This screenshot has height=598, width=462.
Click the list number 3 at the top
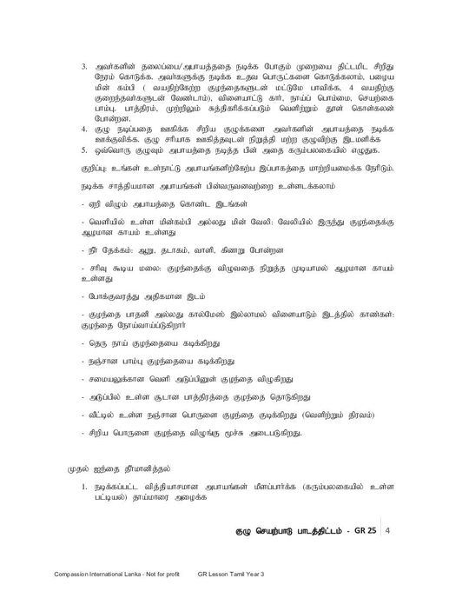(x=84, y=66)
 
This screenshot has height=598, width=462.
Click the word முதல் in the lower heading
(x=80, y=467)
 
